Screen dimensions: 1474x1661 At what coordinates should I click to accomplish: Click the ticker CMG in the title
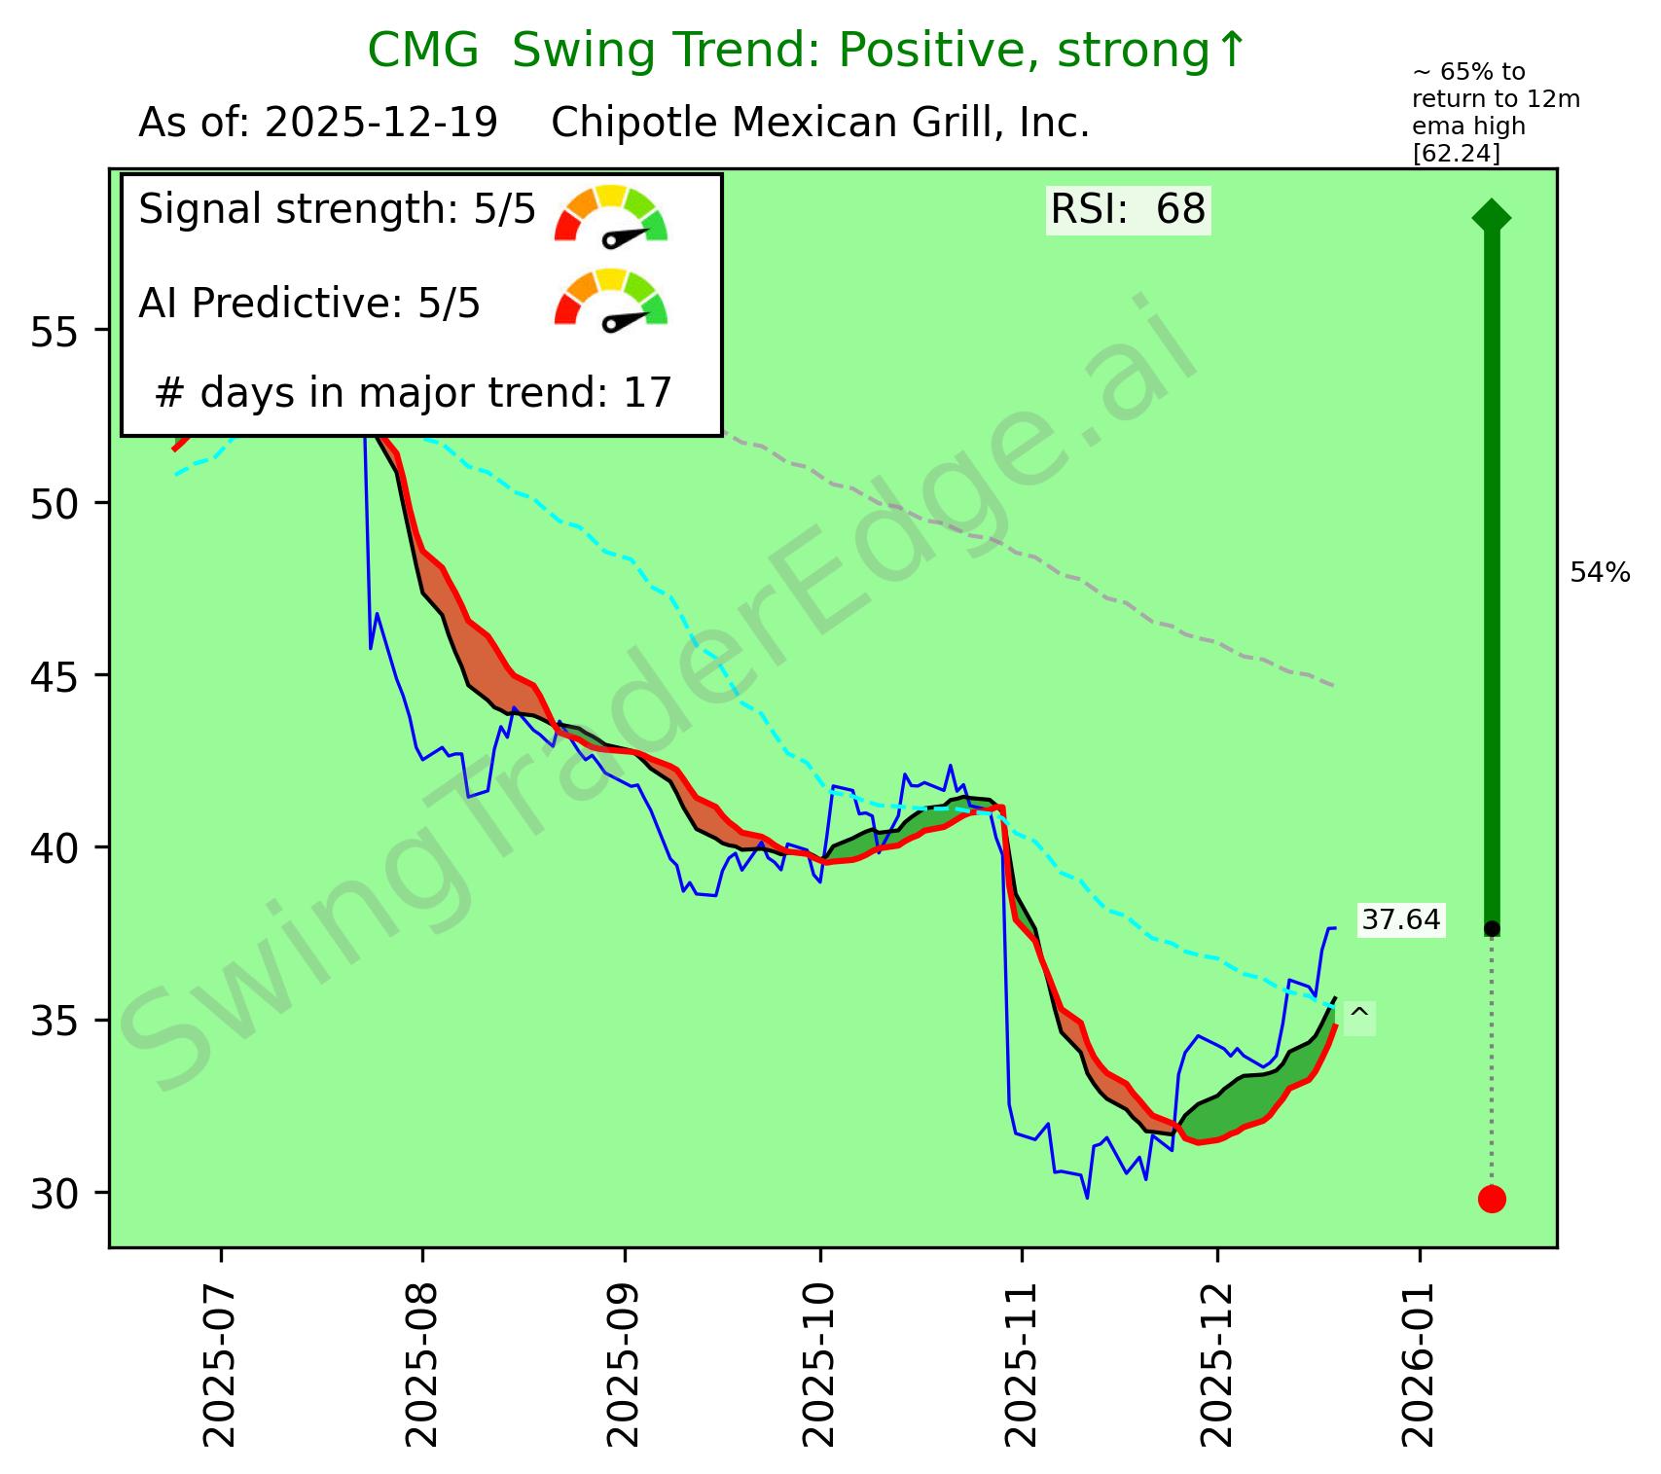(422, 51)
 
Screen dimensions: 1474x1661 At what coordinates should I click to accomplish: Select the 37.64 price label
(1400, 919)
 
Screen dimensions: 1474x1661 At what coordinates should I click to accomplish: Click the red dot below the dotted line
(1492, 1199)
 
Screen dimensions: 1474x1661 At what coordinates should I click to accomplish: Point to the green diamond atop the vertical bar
(1492, 216)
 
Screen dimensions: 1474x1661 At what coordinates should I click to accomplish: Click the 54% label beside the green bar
(1600, 574)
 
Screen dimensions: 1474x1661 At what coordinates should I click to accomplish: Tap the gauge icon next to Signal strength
(611, 215)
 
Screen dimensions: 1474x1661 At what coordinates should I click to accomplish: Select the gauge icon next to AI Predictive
(611, 300)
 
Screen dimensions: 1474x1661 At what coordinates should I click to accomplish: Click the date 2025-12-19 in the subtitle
(381, 124)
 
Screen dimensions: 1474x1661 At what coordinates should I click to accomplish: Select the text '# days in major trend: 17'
(414, 393)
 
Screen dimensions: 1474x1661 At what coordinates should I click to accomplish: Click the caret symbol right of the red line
(1359, 1017)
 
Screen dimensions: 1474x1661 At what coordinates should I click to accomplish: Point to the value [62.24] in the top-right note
(1457, 154)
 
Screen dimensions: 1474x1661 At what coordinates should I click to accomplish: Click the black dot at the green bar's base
(1492, 928)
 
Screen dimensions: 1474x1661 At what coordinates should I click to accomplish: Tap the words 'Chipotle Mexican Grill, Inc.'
(820, 124)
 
